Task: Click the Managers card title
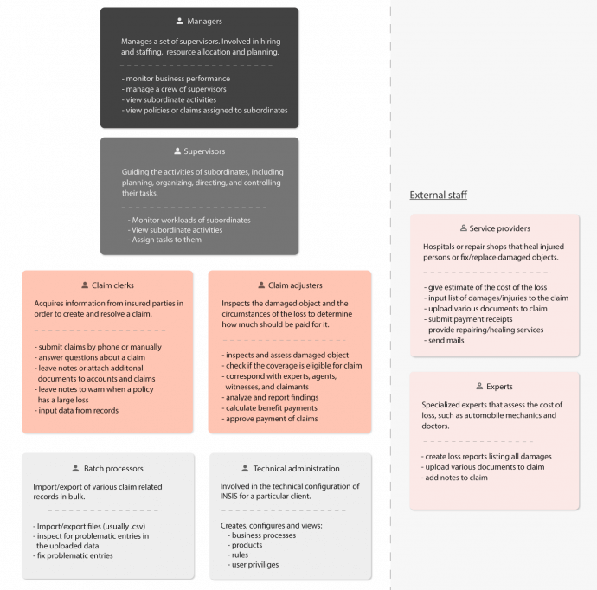point(204,21)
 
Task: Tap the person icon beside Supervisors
point(177,151)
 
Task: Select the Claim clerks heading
point(113,285)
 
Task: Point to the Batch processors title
point(114,469)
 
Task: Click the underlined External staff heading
point(439,195)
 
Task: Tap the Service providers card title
point(500,228)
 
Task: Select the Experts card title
point(500,387)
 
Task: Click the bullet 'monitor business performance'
point(177,79)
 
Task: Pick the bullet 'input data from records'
point(77,410)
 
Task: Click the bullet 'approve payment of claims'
point(270,419)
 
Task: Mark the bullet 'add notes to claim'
point(456,478)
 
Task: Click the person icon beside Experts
point(479,387)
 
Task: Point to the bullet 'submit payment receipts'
point(469,319)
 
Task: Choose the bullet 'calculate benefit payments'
point(272,408)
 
